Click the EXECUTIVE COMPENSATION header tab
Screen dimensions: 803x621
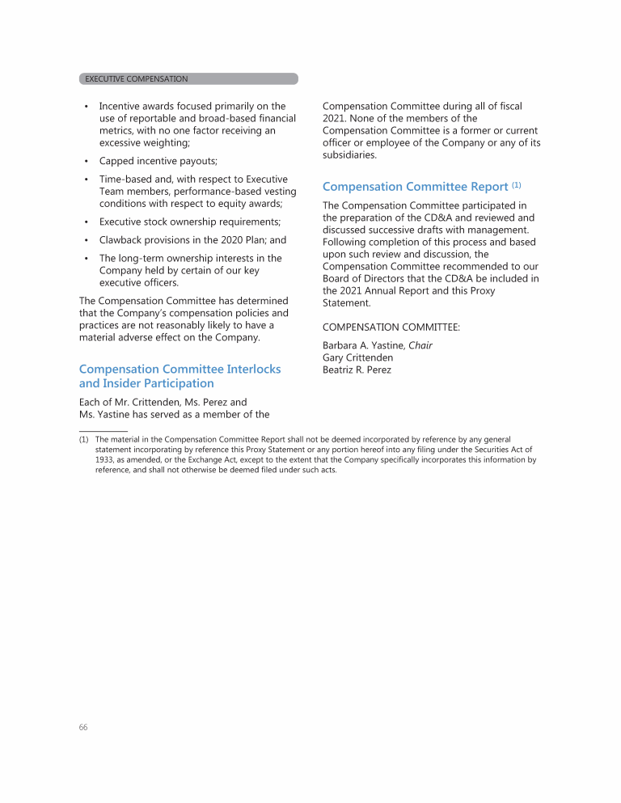(136, 79)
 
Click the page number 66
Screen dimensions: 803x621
(83, 727)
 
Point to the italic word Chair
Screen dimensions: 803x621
(420, 345)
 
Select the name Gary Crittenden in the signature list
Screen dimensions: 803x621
(358, 357)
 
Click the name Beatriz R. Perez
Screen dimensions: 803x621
(357, 370)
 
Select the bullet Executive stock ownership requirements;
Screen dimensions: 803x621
(190, 222)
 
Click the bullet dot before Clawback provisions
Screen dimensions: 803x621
(86, 240)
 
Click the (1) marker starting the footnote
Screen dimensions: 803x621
(84, 440)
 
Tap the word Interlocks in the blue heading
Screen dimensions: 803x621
(253, 369)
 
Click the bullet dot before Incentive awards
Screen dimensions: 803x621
(86, 106)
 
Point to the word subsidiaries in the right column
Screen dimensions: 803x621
(349, 154)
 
